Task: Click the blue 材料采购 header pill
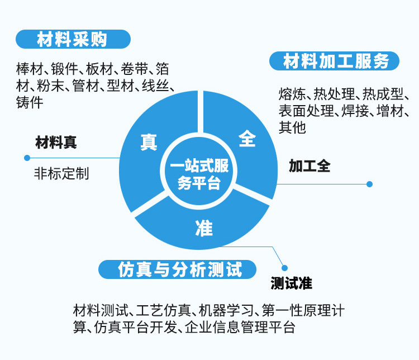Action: tap(73, 40)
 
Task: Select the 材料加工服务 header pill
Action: tap(335, 61)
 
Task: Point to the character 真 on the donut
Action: tap(148, 141)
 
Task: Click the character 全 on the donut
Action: tap(247, 138)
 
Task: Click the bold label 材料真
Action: tap(56, 143)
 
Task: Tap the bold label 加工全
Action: tap(310, 166)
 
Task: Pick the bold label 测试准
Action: tap(291, 283)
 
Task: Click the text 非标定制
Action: tap(61, 173)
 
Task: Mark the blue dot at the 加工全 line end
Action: tap(369, 183)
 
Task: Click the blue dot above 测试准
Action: tap(284, 268)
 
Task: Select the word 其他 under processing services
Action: tap(293, 127)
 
